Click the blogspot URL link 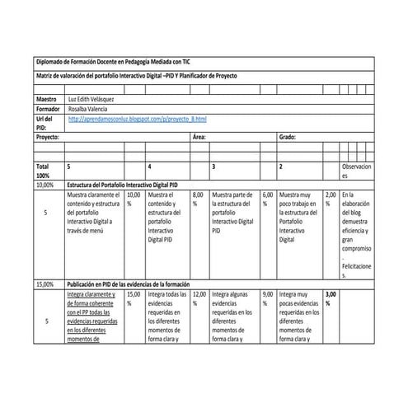point(138,120)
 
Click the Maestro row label point(47,98)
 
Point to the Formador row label point(49,109)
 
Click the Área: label point(199,138)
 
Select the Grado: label point(287,138)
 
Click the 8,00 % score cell point(196,199)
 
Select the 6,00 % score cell point(267,199)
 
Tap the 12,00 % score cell point(199,298)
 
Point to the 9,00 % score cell point(267,298)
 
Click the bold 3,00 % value point(331,298)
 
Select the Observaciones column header point(357,171)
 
